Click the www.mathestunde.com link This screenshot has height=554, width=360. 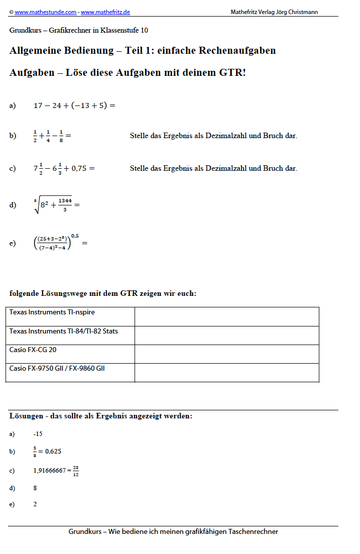(45, 12)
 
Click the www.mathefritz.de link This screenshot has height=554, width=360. (105, 12)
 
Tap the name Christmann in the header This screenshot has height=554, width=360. (301, 12)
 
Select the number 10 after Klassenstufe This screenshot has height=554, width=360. (144, 30)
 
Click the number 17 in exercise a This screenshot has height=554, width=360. (38, 105)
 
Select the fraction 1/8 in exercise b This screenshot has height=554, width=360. (61, 136)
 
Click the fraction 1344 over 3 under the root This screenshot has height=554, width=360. (65, 205)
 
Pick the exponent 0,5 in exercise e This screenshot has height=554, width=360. (75, 236)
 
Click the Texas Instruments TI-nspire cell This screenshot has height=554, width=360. (70, 316)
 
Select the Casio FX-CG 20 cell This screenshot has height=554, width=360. (70, 353)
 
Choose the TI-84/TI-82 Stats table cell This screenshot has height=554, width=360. (70, 335)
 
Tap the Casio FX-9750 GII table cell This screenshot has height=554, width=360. (70, 372)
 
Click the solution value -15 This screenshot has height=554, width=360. (38, 434)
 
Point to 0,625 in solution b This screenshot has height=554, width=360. (53, 452)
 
